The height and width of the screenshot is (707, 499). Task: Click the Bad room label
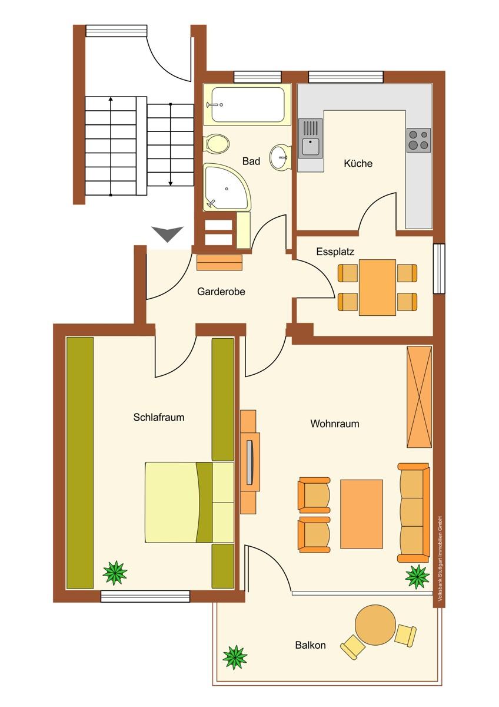[x=251, y=161]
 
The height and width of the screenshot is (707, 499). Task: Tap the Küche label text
[x=358, y=164]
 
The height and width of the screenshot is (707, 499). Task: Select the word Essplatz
[x=335, y=252]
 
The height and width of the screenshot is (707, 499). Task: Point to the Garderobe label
[x=221, y=291]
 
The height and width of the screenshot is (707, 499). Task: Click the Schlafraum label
[x=158, y=417]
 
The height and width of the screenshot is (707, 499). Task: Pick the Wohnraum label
[x=334, y=424]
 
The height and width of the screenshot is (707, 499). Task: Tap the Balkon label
[x=310, y=645]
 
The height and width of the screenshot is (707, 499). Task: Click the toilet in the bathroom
[x=217, y=143]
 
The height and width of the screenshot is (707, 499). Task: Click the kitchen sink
[x=311, y=138]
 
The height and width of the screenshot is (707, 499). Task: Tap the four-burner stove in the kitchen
[x=418, y=140]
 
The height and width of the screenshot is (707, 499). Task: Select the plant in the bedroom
[x=115, y=573]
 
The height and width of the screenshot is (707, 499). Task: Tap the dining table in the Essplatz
[x=377, y=288]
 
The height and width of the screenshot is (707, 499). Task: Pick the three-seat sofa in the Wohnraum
[x=414, y=513]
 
